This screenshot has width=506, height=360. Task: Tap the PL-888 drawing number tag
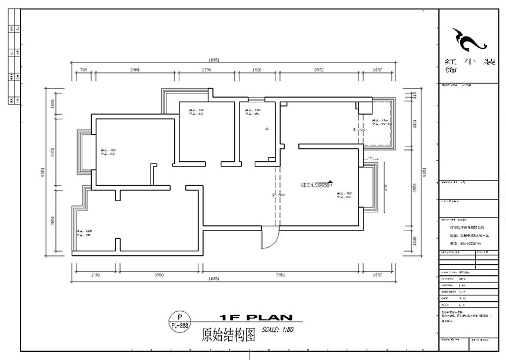(179, 325)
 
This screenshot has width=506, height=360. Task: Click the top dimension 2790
(207, 70)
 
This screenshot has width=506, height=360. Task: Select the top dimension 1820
(257, 70)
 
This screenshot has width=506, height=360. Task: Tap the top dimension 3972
(319, 70)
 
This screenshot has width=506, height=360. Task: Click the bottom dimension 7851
(281, 275)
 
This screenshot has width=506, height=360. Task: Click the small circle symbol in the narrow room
(267, 128)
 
